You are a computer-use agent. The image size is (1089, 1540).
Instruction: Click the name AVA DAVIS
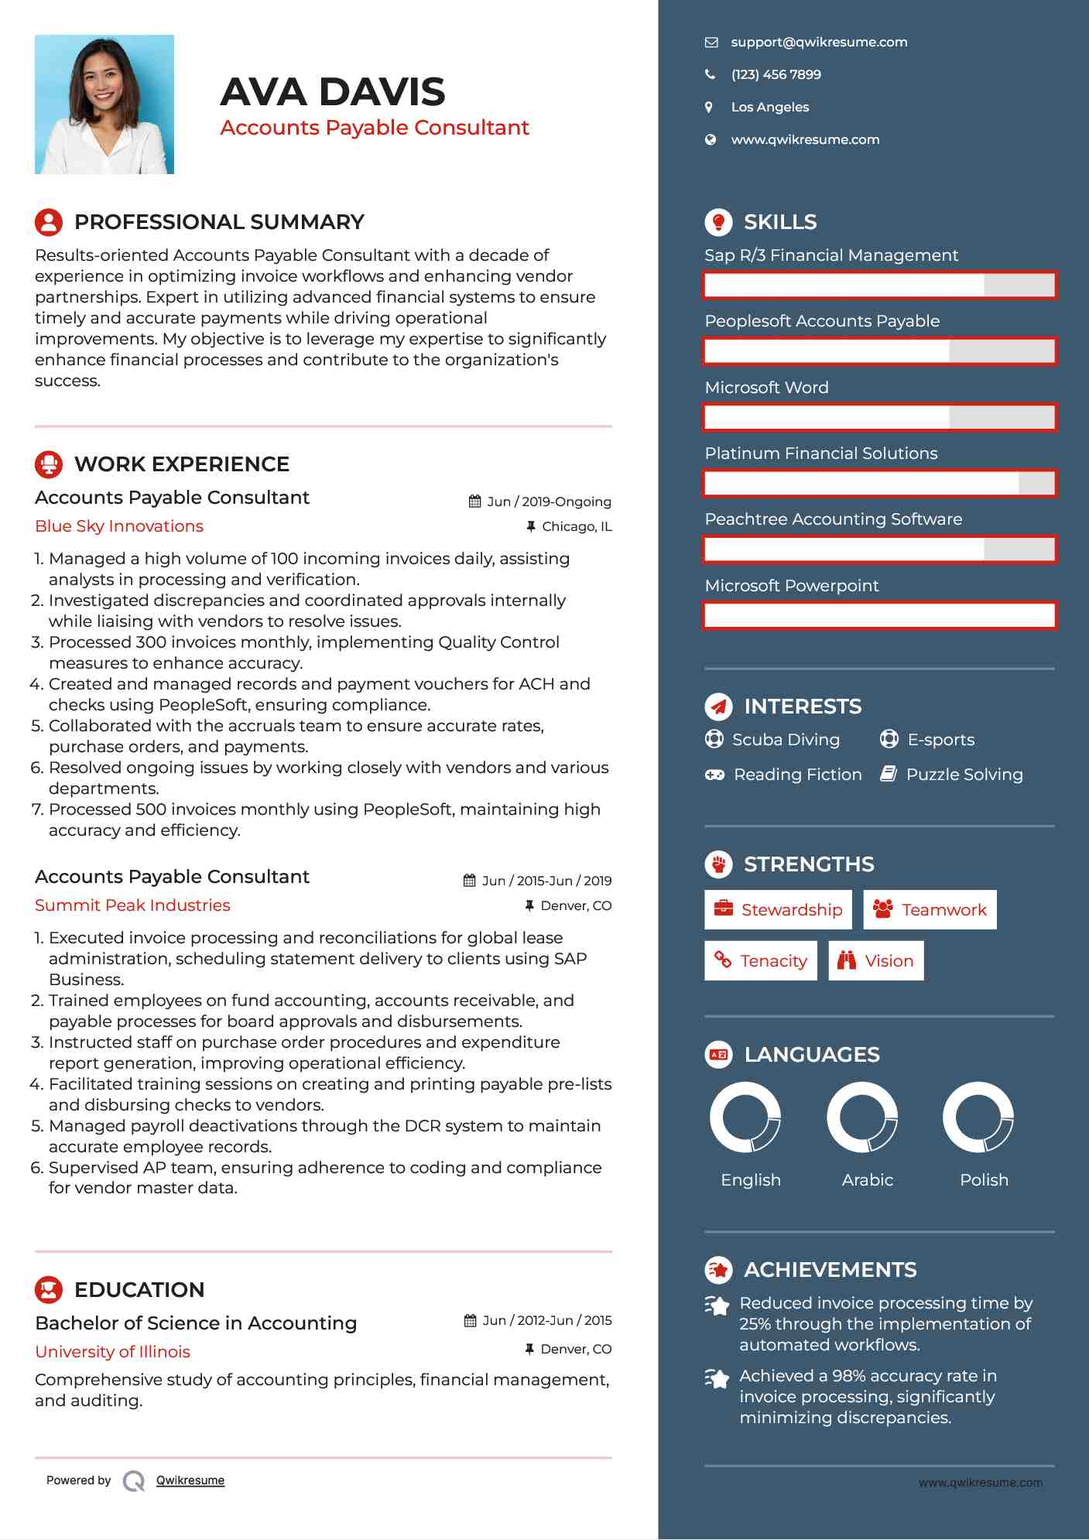(x=333, y=92)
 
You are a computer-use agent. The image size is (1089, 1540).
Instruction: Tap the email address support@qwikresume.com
(x=819, y=43)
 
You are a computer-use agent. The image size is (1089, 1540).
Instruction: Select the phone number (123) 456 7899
(x=776, y=75)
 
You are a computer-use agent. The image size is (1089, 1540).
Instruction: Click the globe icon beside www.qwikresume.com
(x=711, y=140)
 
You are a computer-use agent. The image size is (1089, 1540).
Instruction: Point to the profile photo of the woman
(x=104, y=104)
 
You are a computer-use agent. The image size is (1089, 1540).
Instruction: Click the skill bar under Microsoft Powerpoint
(x=879, y=616)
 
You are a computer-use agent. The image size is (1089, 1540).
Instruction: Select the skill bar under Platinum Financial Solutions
(x=879, y=484)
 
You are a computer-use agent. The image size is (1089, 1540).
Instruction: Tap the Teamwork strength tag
(x=930, y=910)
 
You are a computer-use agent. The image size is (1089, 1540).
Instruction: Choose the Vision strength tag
(x=875, y=961)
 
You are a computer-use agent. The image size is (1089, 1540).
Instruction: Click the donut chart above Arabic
(x=862, y=1117)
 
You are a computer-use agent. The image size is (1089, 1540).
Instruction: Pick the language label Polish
(x=984, y=1180)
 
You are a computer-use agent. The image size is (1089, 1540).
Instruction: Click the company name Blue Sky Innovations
(x=119, y=526)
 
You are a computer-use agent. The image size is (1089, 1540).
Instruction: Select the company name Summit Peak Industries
(x=132, y=905)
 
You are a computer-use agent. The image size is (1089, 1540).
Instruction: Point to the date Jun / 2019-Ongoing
(x=548, y=502)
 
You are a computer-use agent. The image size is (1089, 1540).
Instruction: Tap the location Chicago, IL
(x=576, y=527)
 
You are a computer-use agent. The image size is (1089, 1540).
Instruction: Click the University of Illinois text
(x=113, y=1352)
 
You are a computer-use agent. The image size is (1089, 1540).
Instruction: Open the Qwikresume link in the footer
(x=190, y=1480)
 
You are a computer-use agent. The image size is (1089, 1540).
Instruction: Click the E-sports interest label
(x=940, y=740)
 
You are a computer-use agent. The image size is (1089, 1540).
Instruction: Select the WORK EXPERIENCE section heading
(x=182, y=464)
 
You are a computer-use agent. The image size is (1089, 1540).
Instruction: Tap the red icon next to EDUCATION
(x=49, y=1290)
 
